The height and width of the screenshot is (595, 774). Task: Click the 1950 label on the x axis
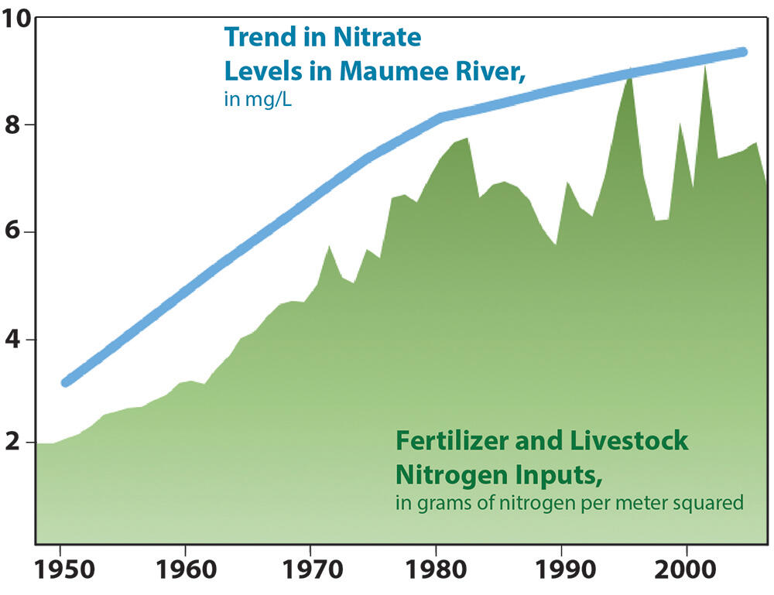64,569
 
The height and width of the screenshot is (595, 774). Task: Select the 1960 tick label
186,569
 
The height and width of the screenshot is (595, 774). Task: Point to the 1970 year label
312,569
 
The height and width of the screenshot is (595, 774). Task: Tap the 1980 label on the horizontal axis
436,569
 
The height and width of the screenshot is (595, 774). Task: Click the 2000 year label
685,569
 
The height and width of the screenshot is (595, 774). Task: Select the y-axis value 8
12,125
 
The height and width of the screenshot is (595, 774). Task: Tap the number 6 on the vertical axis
12,231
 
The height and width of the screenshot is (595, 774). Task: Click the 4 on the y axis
12,340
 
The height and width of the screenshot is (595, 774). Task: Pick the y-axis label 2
12,442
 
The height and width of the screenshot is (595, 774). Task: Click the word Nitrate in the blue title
377,37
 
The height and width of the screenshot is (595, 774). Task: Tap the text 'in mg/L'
257,100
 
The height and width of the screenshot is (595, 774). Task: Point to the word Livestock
628,440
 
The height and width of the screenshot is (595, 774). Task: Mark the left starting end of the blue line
66,382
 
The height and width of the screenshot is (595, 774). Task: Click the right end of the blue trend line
742,52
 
